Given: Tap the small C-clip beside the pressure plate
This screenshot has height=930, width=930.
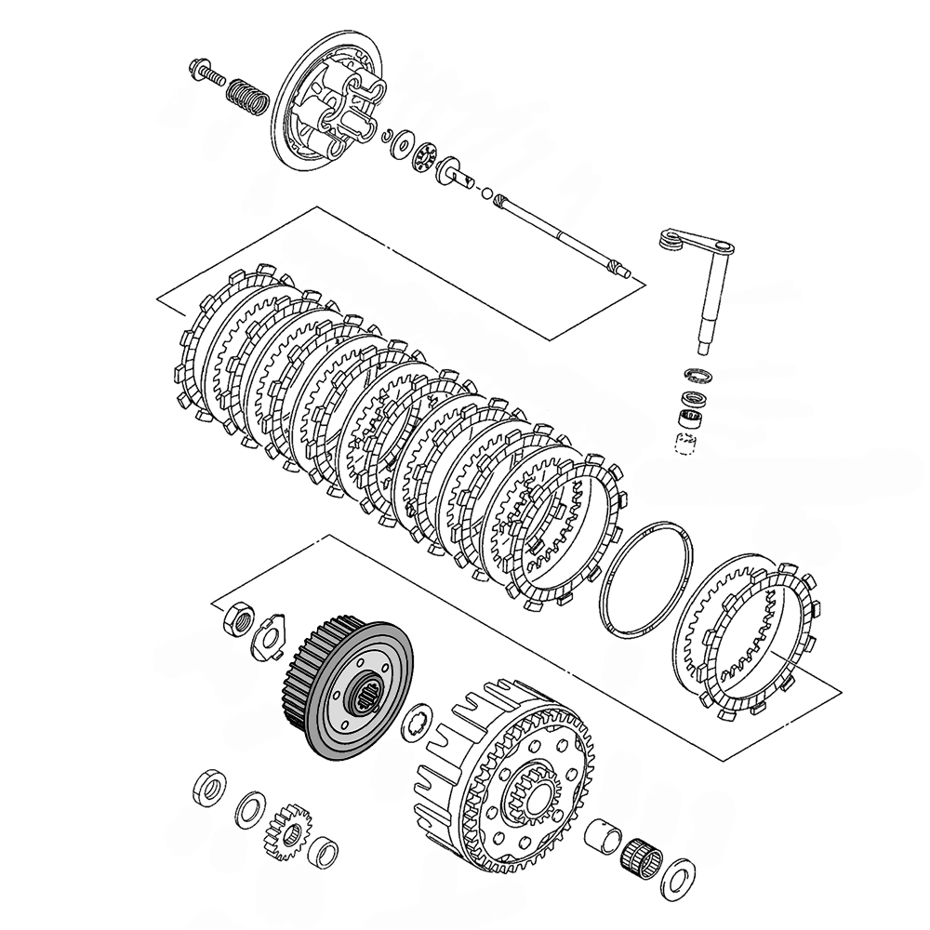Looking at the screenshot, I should coord(390,137).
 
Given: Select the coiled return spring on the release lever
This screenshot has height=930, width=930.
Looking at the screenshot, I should coord(669,240).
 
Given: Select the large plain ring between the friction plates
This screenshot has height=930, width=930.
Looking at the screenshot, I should coord(647,578).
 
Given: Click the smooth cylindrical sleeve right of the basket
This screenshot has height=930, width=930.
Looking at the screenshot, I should coord(603,833).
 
